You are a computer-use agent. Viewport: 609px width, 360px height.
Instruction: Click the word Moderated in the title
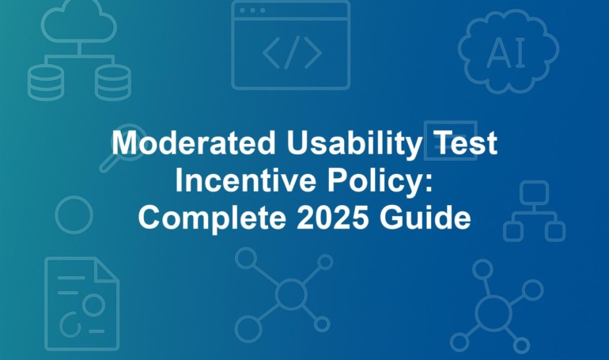(194, 143)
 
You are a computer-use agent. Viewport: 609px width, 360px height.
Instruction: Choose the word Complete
(213, 219)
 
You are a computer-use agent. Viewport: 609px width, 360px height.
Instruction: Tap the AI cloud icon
(509, 51)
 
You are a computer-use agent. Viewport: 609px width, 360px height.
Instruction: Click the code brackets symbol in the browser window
(292, 52)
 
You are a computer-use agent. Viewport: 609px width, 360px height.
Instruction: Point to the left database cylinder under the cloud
(46, 83)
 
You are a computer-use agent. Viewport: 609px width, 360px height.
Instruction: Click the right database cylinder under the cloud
(113, 83)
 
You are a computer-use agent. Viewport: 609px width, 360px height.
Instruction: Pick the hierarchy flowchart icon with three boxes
(534, 212)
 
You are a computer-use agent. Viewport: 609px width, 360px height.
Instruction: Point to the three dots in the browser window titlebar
(252, 10)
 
